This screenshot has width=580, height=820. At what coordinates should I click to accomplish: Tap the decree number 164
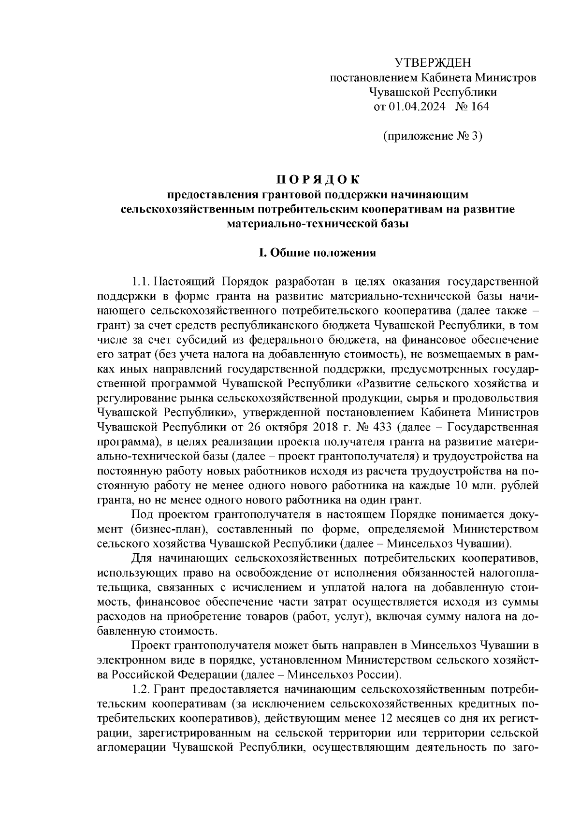tap(479, 107)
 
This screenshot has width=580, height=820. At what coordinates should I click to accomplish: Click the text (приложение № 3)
tap(433, 136)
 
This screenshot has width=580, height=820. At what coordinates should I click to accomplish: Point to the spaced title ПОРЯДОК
tap(318, 180)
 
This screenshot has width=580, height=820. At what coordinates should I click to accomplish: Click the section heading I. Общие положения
tap(318, 253)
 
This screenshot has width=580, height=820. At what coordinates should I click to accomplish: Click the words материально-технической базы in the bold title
tap(318, 224)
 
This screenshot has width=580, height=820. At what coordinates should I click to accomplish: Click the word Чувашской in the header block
tap(396, 92)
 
